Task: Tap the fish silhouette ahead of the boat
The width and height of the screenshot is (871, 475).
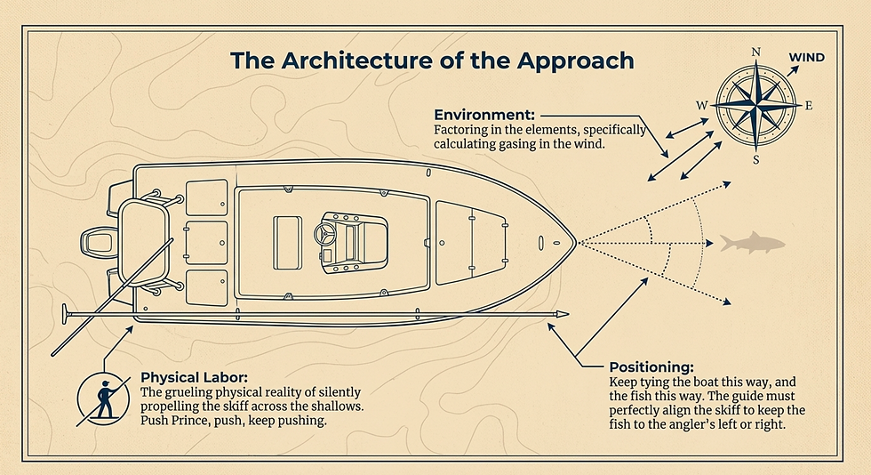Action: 753,243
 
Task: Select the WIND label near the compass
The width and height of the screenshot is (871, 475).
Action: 807,58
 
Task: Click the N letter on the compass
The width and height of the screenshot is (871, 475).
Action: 756,52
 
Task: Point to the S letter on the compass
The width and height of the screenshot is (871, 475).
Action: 756,160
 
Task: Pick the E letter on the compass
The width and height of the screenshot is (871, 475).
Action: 809,106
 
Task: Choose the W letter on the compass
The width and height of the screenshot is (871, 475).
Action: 702,106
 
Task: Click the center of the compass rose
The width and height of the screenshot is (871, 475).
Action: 756,105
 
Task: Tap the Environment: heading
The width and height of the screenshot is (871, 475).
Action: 484,115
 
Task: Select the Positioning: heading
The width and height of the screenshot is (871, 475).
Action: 651,367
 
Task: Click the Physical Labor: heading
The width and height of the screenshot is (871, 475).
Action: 190,378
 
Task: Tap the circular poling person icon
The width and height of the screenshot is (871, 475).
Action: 103,399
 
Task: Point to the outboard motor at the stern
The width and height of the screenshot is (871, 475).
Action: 100,243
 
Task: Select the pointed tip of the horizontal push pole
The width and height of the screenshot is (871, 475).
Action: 568,314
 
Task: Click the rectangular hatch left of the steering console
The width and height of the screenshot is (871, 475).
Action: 287,243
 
